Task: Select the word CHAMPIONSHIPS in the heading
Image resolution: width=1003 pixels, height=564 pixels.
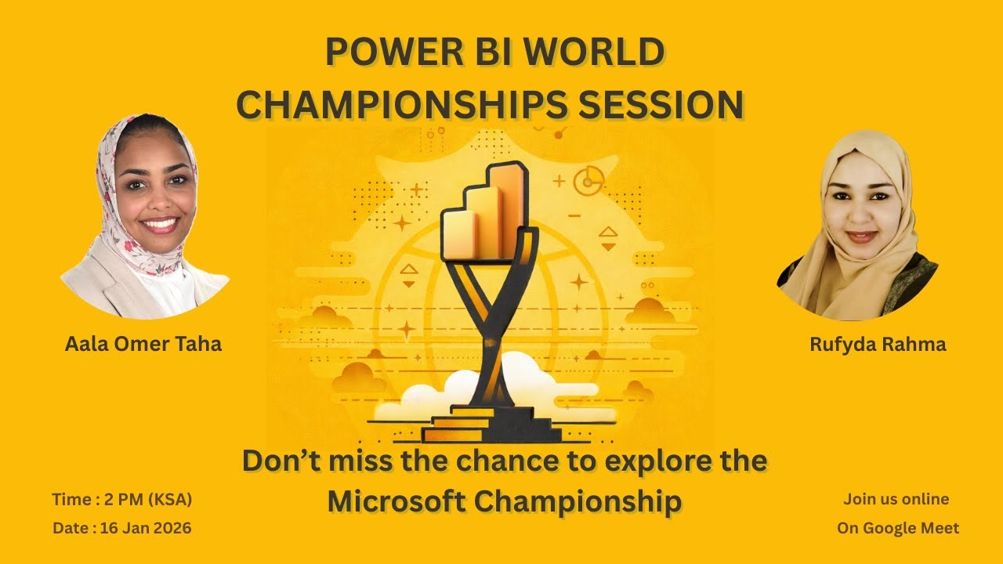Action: [x=399, y=105]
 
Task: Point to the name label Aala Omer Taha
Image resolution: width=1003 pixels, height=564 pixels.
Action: [x=143, y=343]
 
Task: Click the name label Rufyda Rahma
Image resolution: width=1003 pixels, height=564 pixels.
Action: [x=878, y=344]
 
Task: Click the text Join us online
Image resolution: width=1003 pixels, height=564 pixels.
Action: [x=896, y=499]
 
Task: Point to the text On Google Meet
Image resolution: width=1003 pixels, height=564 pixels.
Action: [x=897, y=528]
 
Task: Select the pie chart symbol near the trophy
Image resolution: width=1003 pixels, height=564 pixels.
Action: [x=588, y=181]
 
